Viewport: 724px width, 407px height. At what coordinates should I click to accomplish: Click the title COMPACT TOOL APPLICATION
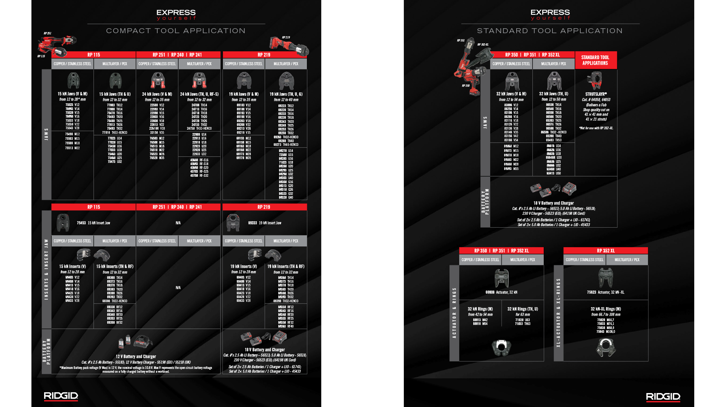click(x=176, y=31)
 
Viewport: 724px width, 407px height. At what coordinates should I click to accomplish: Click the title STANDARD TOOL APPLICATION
click(x=550, y=31)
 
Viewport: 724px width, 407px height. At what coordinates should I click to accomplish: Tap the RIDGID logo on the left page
click(x=61, y=396)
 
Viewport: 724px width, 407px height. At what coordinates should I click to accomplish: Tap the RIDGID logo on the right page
click(x=663, y=397)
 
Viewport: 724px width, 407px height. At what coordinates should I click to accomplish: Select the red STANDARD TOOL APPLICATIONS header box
click(x=595, y=60)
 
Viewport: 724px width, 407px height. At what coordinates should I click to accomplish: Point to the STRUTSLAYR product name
click(x=596, y=94)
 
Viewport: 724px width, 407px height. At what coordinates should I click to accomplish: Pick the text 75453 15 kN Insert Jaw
click(x=94, y=223)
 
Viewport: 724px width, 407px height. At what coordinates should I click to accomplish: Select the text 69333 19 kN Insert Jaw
click(x=265, y=223)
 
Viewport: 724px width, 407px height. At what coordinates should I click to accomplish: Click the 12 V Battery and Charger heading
click(x=136, y=357)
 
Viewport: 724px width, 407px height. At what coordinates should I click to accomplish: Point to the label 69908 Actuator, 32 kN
click(x=501, y=292)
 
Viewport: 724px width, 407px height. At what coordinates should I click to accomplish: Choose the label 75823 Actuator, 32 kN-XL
click(x=606, y=292)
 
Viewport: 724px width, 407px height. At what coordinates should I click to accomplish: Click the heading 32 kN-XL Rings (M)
click(x=606, y=309)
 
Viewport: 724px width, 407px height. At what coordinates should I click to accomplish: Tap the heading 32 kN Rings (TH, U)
click(x=523, y=309)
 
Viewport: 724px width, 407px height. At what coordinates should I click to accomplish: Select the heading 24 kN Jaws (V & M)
click(x=157, y=94)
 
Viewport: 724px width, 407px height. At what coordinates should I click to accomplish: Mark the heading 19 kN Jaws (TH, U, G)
click(x=286, y=94)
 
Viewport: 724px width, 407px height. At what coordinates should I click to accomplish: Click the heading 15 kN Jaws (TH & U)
click(x=115, y=94)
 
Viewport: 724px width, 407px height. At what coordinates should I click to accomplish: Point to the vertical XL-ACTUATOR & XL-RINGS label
click(x=558, y=313)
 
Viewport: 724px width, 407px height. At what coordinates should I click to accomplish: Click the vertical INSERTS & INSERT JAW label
click(x=46, y=269)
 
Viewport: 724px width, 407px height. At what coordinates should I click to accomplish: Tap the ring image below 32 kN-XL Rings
click(x=606, y=347)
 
